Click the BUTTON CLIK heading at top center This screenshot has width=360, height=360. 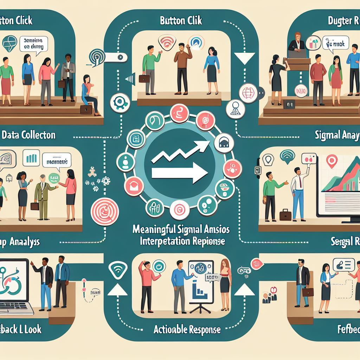click(181, 20)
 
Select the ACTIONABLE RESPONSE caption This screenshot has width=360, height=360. click(187, 329)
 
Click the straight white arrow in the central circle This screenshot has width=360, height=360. click(179, 173)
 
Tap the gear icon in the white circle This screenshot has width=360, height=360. click(117, 102)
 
